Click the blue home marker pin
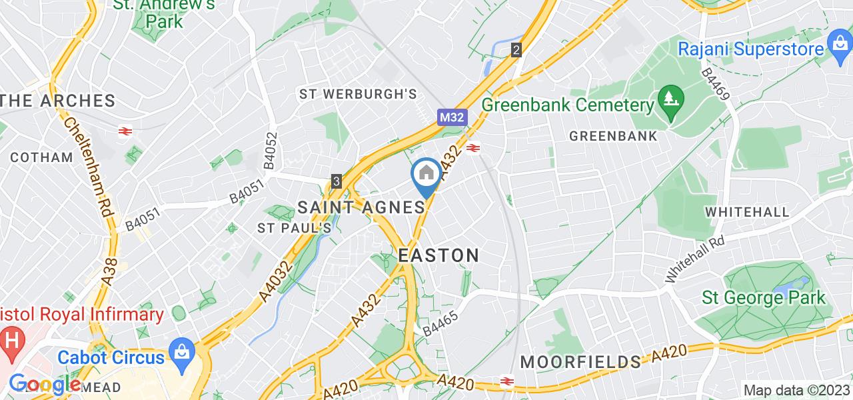[x=426, y=175]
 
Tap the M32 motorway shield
[x=453, y=117]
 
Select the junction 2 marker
[x=516, y=50]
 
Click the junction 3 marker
[x=337, y=181]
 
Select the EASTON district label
[x=438, y=255]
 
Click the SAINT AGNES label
[x=361, y=207]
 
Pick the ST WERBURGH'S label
[x=359, y=94]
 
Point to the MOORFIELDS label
[x=580, y=362]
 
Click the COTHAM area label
[x=41, y=157]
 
